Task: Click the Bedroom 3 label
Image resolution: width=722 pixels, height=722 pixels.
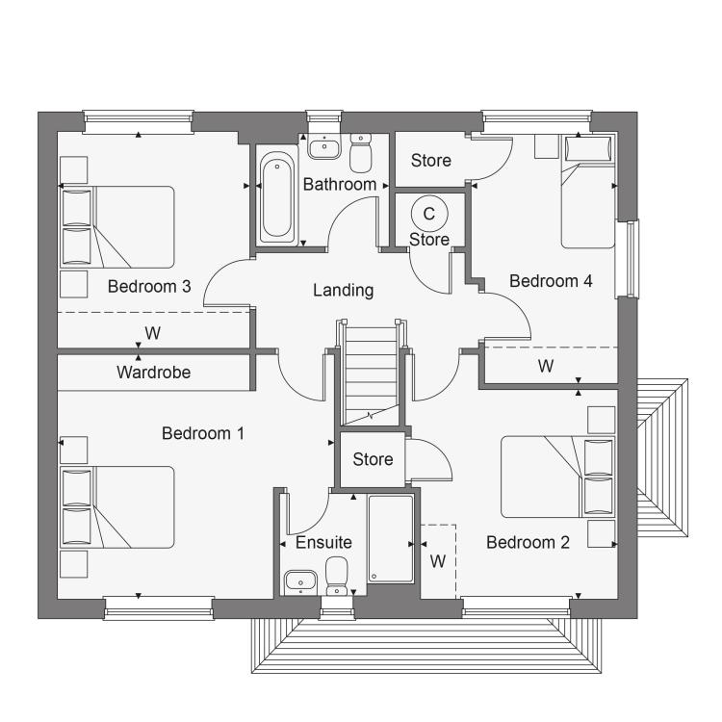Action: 149,287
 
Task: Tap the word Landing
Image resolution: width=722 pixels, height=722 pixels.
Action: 343,291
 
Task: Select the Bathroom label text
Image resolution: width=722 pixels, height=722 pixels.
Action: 340,184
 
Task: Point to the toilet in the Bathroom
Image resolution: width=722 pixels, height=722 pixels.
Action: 361,152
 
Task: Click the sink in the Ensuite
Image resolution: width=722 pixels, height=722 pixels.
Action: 300,582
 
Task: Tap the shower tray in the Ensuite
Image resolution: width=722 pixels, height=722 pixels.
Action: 391,539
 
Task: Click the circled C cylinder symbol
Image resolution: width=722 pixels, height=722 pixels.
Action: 429,214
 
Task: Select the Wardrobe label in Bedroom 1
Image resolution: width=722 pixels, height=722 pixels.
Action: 153,372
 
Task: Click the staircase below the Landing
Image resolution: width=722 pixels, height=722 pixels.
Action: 371,374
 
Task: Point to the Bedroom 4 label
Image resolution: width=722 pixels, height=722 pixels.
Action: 551,281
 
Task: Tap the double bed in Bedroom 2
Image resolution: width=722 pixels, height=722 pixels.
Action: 557,477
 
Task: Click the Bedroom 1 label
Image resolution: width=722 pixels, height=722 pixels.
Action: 203,433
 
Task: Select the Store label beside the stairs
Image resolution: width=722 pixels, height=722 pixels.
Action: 373,459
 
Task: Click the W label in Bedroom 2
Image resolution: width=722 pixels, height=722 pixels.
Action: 438,561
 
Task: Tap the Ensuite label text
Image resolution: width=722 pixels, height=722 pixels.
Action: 323,542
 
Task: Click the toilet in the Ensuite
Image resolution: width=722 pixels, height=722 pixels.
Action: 337,576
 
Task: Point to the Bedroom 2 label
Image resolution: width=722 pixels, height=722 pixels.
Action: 528,542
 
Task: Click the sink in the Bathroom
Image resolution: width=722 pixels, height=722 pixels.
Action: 324,146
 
